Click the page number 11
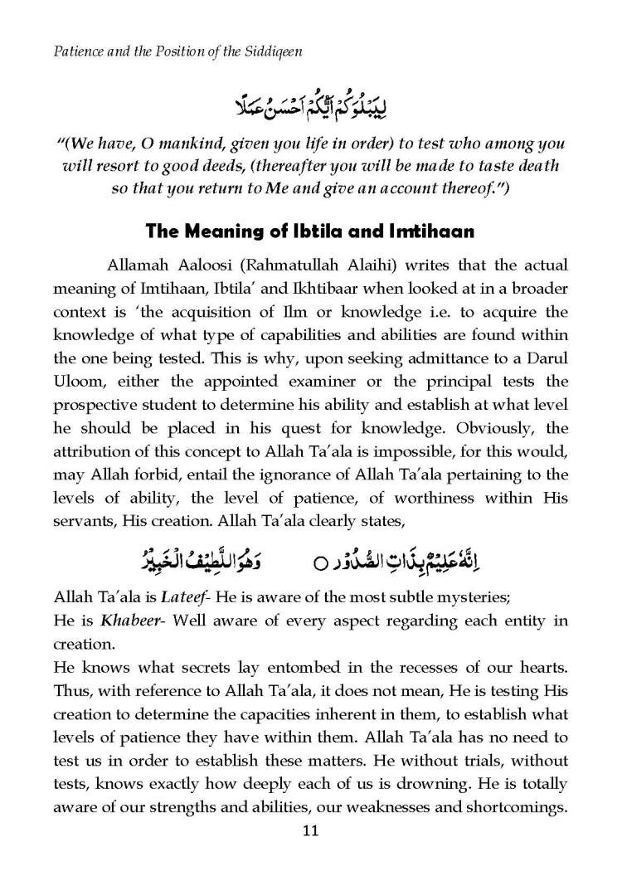310,831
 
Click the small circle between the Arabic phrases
318,564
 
